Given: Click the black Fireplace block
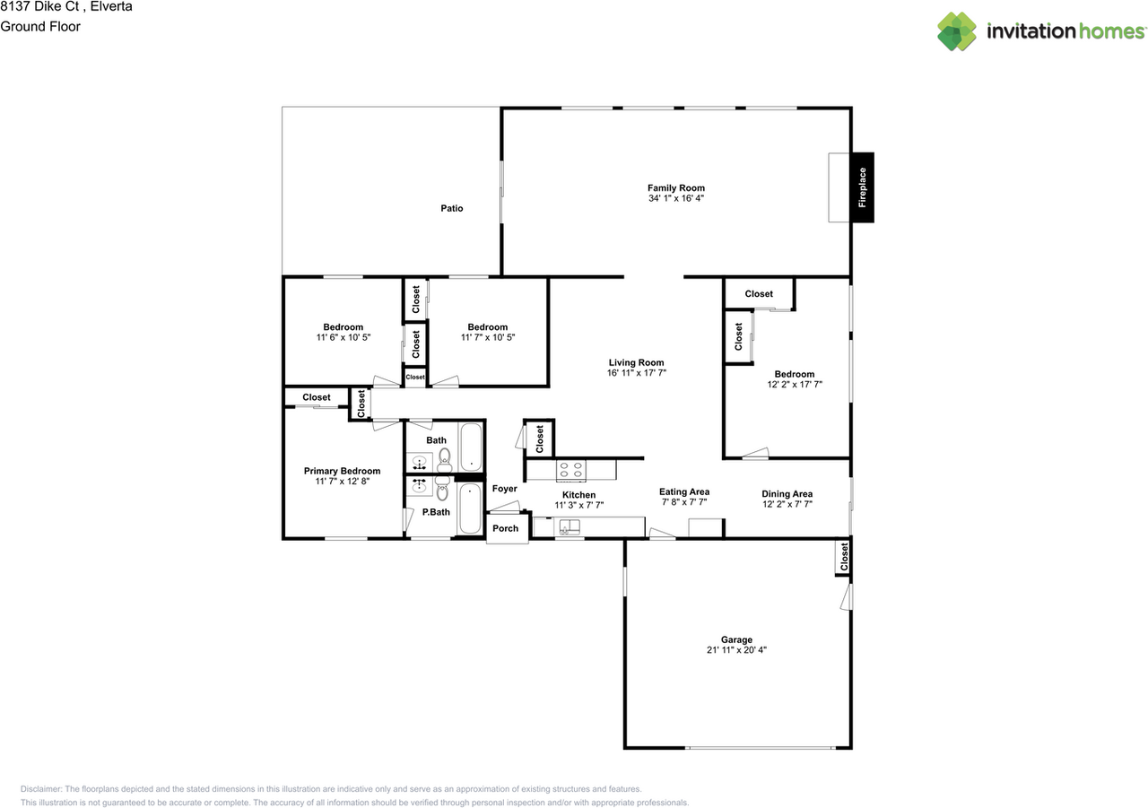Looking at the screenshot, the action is [863, 187].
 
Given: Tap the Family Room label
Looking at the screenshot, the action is [676, 188].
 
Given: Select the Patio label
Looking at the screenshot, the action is [451, 208].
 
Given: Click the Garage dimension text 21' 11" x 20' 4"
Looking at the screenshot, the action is [736, 649].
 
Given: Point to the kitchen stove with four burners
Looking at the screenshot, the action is [571, 470].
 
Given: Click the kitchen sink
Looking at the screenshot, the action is [570, 526].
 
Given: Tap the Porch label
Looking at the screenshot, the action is [505, 528].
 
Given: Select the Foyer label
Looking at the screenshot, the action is [505, 488].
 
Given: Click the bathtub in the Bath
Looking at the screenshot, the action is [471, 447].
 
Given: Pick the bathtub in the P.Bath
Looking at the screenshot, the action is [470, 508].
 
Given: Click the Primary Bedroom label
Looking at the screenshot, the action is [342, 471].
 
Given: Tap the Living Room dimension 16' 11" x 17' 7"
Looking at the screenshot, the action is [637, 373].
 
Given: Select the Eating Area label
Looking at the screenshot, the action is [684, 491].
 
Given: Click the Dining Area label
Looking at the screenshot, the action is [787, 494].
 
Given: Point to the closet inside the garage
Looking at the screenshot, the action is [844, 557].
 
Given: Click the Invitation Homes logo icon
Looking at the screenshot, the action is [957, 31].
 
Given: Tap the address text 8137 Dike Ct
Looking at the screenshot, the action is [39, 6].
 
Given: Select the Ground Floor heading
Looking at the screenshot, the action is [40, 27].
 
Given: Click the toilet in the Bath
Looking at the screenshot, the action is [444, 460].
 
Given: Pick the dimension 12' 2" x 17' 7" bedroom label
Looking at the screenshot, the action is [795, 385].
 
